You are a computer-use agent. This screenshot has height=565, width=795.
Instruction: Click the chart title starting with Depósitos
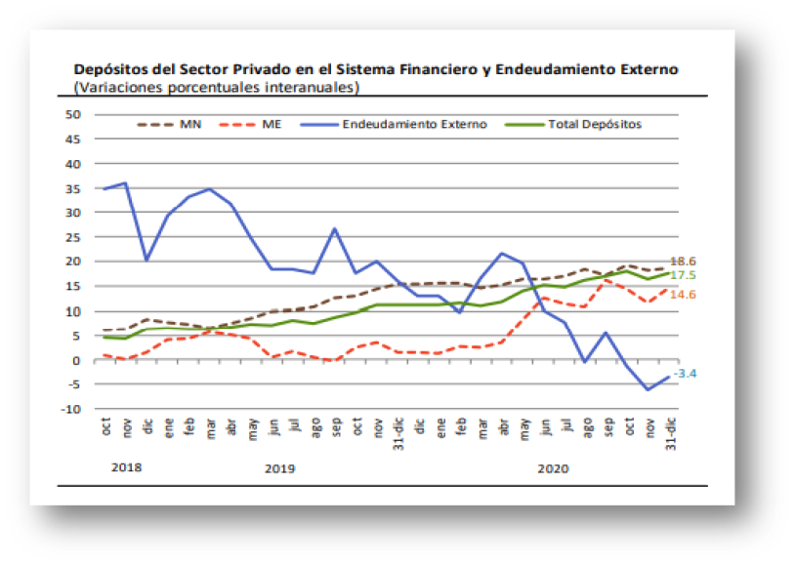[376, 70]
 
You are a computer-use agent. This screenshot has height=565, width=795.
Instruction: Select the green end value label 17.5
[682, 276]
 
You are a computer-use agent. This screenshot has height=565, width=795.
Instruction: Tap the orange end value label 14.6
[682, 294]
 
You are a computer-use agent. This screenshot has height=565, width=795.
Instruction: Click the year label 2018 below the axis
[126, 467]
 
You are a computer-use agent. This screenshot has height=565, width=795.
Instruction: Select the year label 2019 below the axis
[279, 468]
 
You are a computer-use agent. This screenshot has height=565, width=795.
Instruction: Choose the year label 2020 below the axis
[553, 468]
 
